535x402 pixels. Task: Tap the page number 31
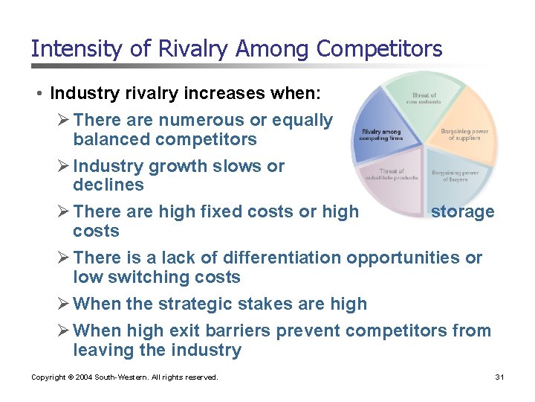[499, 377]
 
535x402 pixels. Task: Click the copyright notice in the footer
[125, 377]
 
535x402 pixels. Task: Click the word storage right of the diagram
[462, 212]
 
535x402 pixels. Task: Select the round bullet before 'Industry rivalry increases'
[39, 94]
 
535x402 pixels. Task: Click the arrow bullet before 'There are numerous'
[64, 120]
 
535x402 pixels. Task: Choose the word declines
[108, 185]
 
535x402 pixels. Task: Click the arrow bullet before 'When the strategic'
[64, 304]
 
